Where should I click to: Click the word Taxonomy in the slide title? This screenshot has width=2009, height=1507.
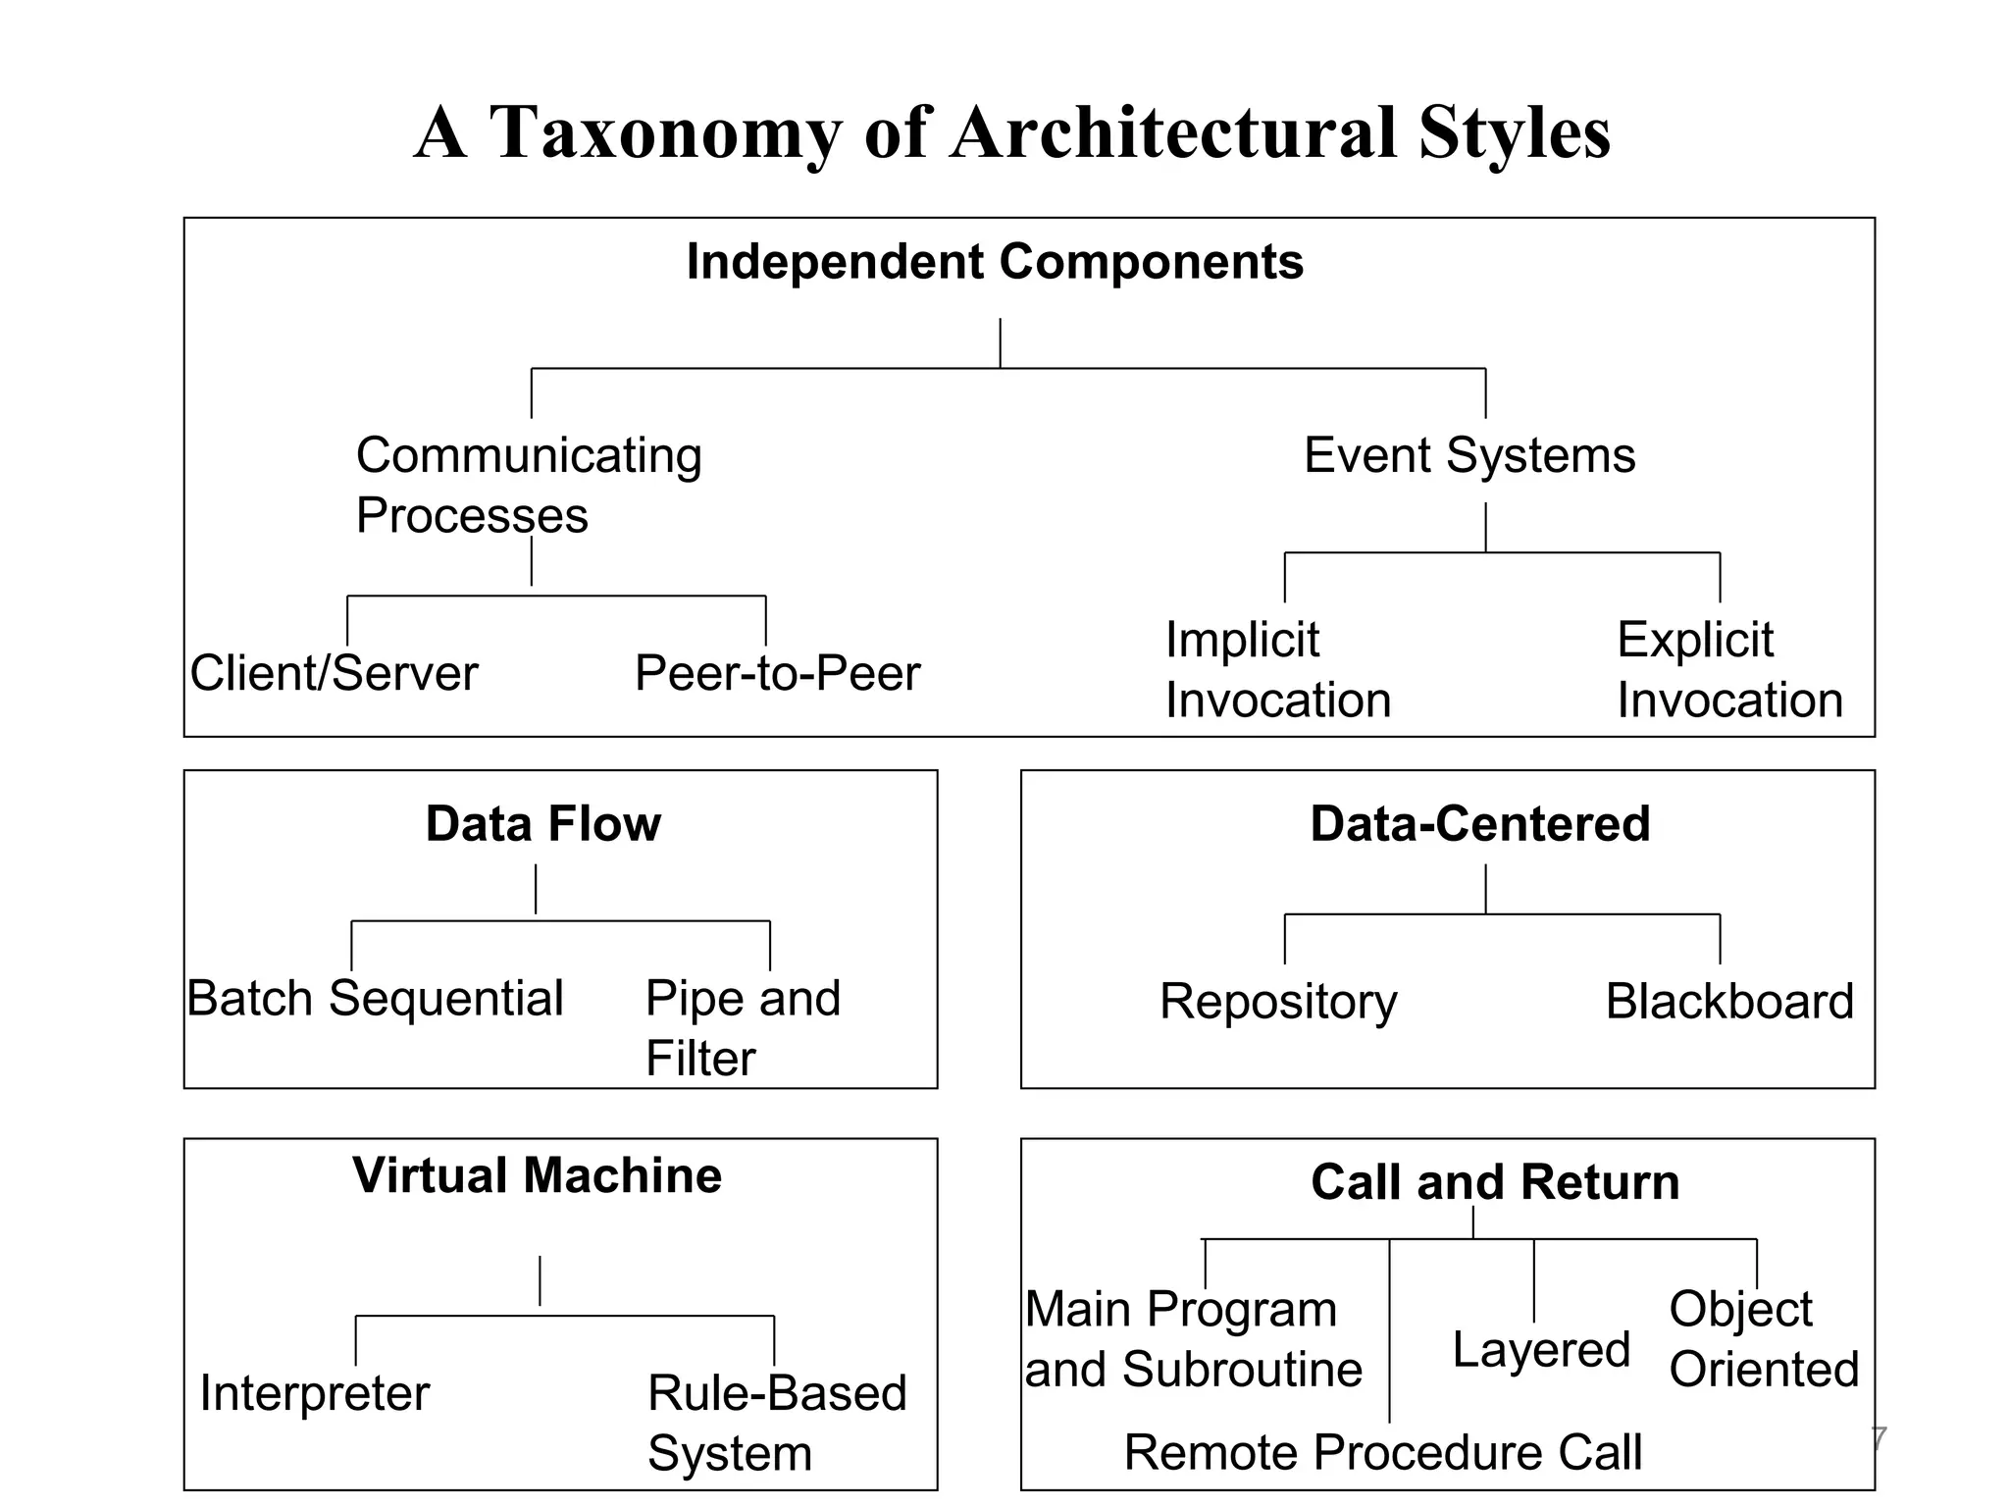664,133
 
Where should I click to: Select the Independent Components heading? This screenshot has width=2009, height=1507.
995,262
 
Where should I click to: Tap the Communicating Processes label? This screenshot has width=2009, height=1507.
528,485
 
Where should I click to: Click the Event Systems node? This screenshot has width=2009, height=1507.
1468,455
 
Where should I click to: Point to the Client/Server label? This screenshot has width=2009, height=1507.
334,673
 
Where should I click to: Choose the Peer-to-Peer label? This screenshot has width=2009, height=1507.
777,673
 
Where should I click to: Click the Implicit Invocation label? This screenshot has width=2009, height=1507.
1277,670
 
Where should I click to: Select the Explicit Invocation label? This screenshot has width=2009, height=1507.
1728,670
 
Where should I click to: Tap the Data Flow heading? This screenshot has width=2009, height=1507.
542,823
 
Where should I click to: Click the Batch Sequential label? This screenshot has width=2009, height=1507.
375,999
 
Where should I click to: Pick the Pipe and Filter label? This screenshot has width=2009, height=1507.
742,1027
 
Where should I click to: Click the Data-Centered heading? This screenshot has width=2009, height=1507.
1479,823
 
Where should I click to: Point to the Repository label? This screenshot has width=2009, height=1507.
1277,1002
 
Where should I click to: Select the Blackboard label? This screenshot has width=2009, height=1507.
1728,1002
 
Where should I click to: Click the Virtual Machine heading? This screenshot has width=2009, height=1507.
537,1175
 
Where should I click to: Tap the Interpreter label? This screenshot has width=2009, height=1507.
314,1393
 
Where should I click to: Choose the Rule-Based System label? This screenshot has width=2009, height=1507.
776,1423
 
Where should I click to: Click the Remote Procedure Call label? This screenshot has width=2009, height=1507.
1382,1452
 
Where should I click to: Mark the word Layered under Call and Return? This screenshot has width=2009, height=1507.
1540,1350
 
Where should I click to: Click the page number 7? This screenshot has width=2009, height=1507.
1878,1439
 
